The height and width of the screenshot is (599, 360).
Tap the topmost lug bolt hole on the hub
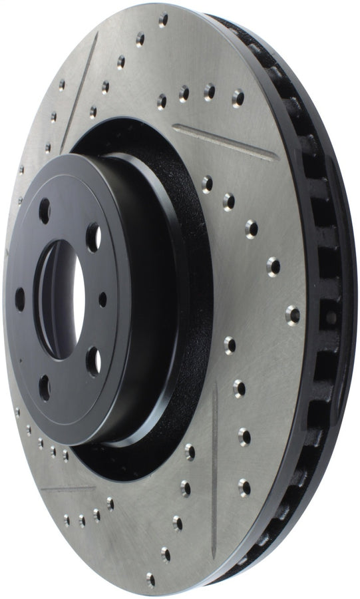tap(45, 212)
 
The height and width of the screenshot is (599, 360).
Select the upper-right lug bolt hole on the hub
tap(93, 237)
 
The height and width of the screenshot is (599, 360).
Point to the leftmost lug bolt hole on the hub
tap(20, 299)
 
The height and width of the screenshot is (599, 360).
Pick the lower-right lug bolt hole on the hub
tap(94, 361)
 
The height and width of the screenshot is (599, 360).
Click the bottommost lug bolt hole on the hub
tap(45, 387)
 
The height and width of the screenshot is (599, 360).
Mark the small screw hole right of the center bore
tap(102, 299)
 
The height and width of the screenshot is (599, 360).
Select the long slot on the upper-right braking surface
tap(226, 142)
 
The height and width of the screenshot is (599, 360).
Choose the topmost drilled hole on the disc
tap(163, 19)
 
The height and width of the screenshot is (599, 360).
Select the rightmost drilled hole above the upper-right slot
tap(238, 97)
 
